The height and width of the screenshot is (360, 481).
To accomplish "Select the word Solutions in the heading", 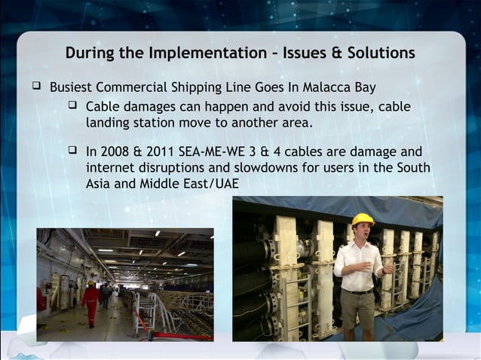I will (x=380, y=53).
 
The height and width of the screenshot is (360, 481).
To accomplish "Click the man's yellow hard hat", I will (x=363, y=219).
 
